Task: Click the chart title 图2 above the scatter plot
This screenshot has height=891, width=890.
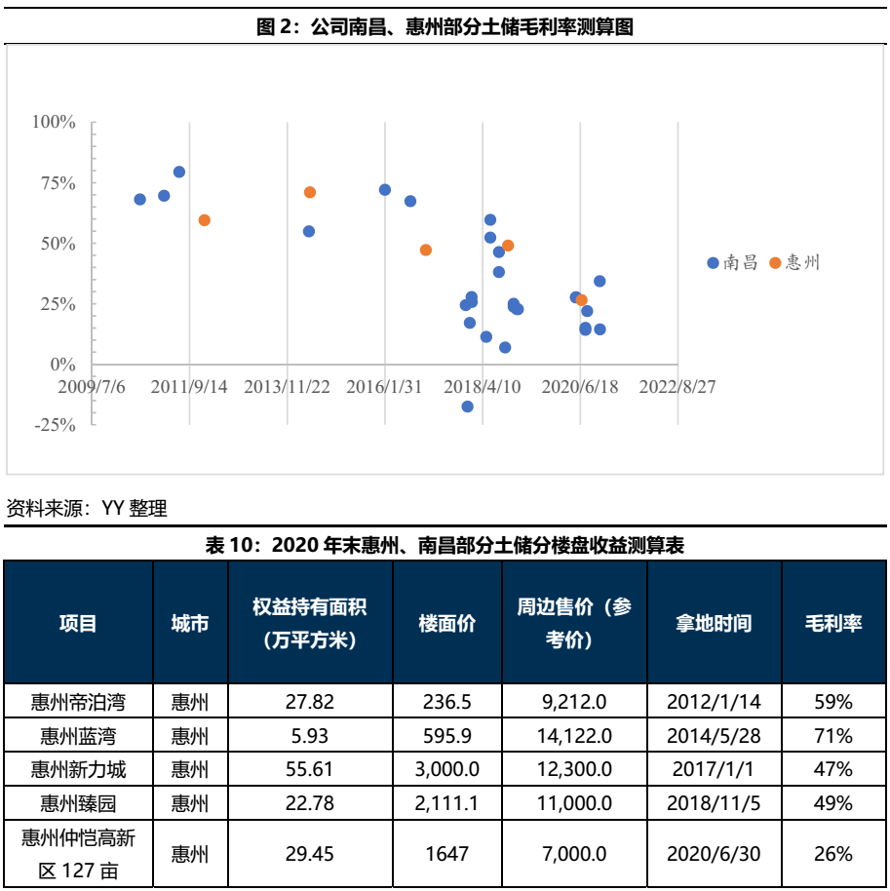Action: coord(445,27)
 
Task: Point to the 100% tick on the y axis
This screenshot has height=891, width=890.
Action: coord(54,122)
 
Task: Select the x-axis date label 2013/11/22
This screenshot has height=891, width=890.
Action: coord(287,386)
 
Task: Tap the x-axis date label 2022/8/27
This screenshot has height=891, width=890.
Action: coord(677,386)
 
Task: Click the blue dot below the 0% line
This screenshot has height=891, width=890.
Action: coord(468,407)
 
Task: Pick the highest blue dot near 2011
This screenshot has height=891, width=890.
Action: coord(179,173)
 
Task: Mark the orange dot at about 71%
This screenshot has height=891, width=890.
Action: coord(310,193)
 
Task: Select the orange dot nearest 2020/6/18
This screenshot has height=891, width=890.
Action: coord(582,300)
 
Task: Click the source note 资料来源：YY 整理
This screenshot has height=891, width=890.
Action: coord(87,508)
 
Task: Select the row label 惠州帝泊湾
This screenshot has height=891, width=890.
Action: coord(78,701)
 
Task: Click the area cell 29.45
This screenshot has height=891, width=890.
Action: coord(309,854)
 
